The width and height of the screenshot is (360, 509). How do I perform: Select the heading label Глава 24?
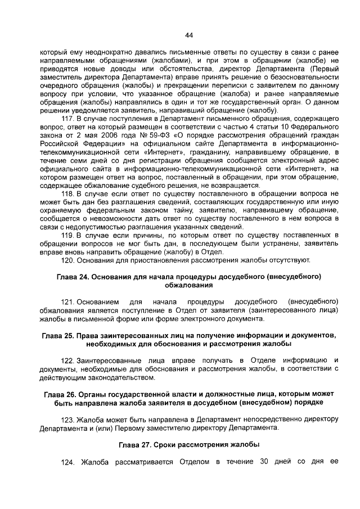72,277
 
